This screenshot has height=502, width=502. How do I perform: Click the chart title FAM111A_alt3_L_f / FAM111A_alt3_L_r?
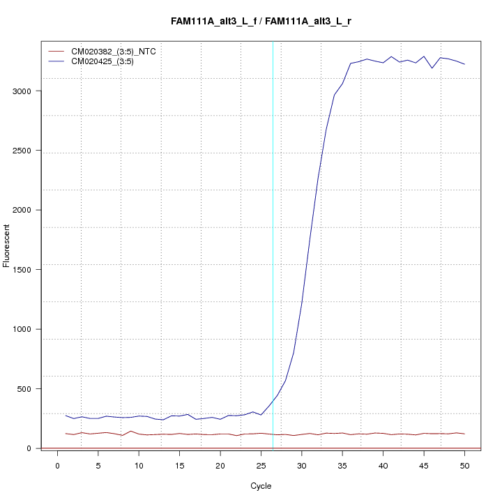tap(261, 22)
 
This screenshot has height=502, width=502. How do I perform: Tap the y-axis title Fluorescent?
tap(8, 245)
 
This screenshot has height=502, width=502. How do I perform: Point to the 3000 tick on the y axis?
tap(26, 91)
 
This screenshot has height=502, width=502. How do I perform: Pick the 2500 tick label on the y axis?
tap(26, 151)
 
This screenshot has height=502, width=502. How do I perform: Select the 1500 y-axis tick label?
tap(26, 270)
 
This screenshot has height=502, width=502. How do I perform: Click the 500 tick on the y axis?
tap(29, 388)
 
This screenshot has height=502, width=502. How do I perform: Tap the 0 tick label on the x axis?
tap(58, 466)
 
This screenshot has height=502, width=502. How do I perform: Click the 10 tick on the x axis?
tap(139, 466)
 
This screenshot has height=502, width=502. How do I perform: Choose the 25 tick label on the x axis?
tap(261, 466)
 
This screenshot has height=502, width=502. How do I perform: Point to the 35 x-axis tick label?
tap(342, 466)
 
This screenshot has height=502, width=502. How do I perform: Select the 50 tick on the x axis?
tap(464, 466)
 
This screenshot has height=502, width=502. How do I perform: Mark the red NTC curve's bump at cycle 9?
tap(130, 431)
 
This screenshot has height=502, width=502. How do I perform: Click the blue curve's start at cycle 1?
tap(66, 416)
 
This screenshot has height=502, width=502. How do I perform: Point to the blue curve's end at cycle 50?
tap(464, 64)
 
